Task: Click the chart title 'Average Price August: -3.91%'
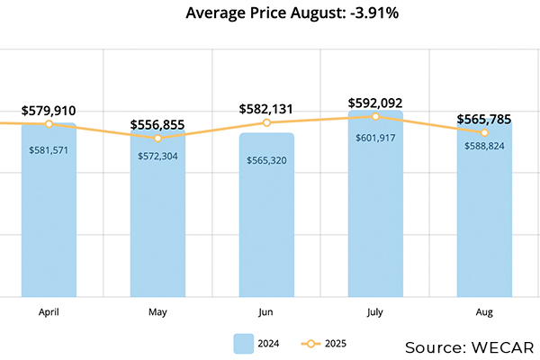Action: pyautogui.click(x=271, y=13)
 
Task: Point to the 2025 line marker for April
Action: pyautogui.click(x=49, y=123)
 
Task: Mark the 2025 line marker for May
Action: pyautogui.click(x=157, y=138)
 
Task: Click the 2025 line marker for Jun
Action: pyautogui.click(x=266, y=122)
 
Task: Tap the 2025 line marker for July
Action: pyautogui.click(x=375, y=116)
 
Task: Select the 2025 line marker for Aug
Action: pyautogui.click(x=484, y=132)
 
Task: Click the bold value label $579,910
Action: pyautogui.click(x=49, y=111)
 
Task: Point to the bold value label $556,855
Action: pyautogui.click(x=157, y=125)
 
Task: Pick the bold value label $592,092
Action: pyautogui.click(x=375, y=103)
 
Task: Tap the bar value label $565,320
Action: pyautogui.click(x=266, y=160)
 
